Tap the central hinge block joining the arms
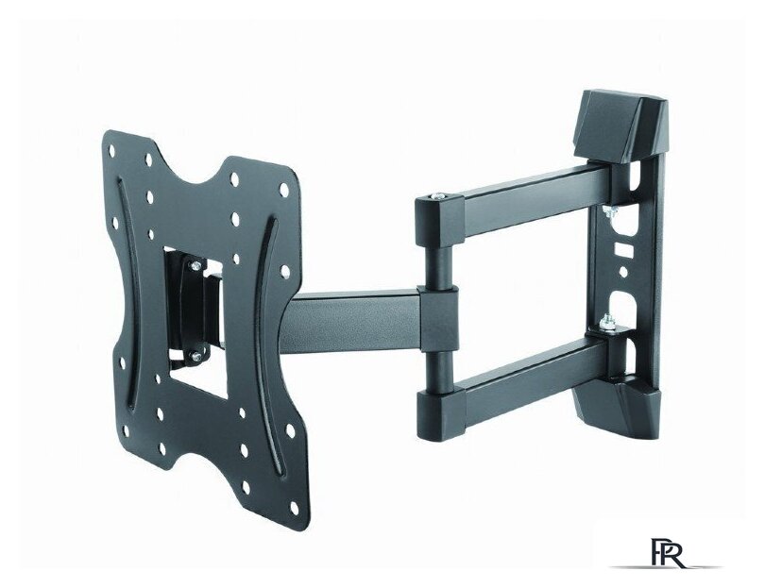pyautogui.click(x=438, y=318)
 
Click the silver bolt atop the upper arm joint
pyautogui.click(x=435, y=196)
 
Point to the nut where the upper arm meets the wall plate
pyautogui.click(x=608, y=211)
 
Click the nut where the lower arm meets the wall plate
pyautogui.click(x=606, y=322)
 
